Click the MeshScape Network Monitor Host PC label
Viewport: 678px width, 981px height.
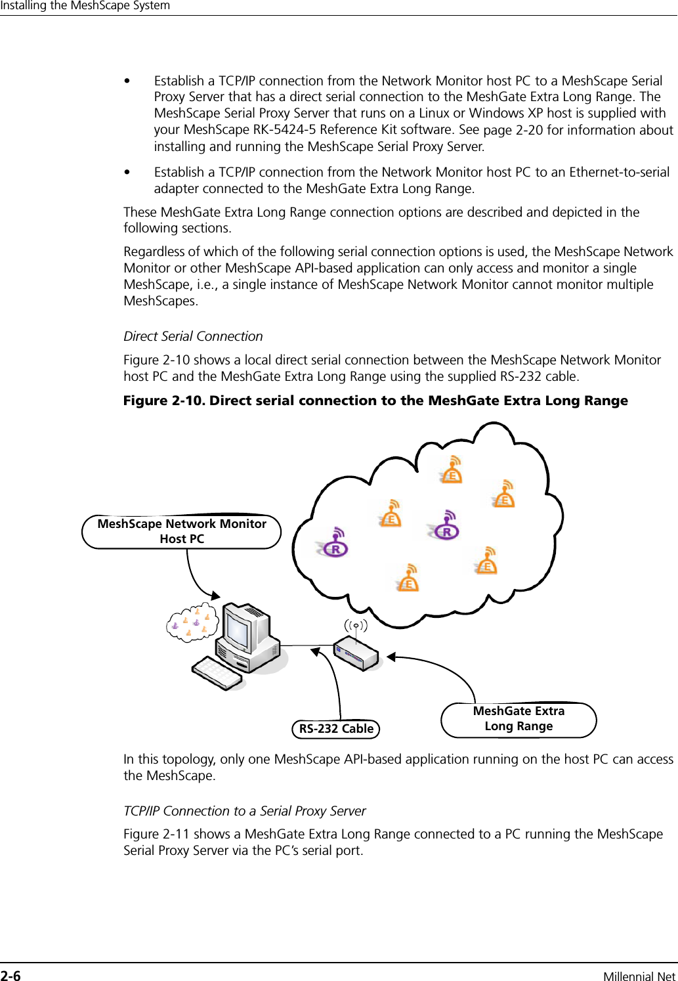182,531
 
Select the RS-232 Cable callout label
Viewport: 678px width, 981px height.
336,728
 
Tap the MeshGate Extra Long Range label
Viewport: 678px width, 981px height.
519,719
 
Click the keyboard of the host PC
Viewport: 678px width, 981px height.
216,673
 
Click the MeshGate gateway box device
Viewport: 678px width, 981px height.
356,653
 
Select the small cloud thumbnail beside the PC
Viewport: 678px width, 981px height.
192,622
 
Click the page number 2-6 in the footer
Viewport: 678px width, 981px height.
11,976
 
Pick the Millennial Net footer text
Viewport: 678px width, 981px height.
639,976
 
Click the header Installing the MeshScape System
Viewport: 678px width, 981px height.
85,6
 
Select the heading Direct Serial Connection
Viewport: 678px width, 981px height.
193,336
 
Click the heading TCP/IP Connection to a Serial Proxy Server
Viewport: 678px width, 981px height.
245,811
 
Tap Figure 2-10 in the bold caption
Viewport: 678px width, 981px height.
163,401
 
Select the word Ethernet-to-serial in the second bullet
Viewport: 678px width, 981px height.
619,172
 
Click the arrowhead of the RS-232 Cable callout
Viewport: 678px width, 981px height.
316,652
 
